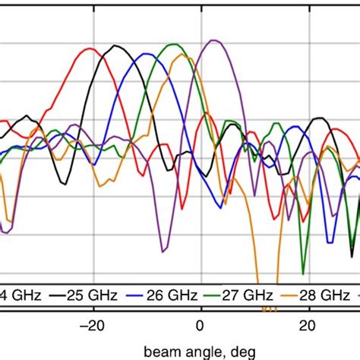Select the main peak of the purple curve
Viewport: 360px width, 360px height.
point(213,39)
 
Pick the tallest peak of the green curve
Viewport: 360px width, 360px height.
point(176,44)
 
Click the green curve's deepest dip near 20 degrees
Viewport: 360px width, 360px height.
point(302,272)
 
